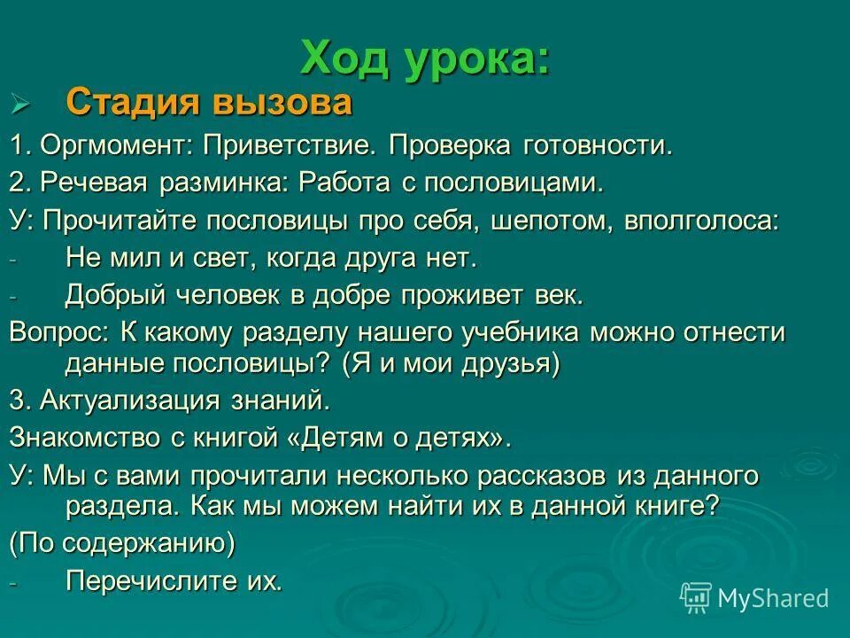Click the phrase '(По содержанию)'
pyautogui.click(x=122, y=543)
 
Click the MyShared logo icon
pyautogui.click(x=696, y=597)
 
